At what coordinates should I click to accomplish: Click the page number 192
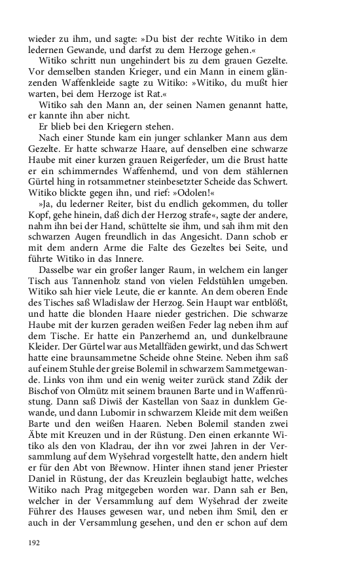coord(35,542)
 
